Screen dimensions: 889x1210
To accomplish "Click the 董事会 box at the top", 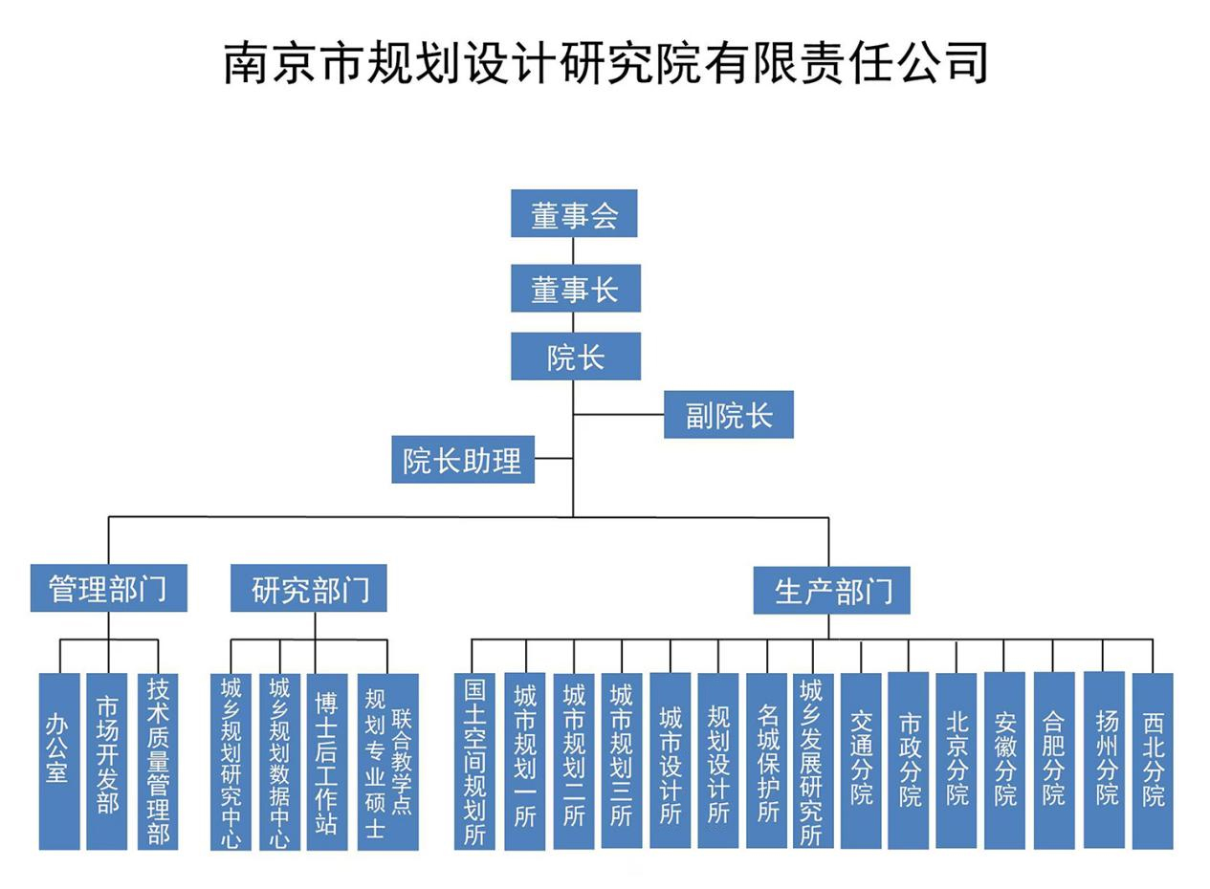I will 573,213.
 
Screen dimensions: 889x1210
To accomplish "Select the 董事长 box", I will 575,289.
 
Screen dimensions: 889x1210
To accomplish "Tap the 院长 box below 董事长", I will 575,357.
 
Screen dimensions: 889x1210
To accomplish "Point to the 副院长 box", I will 728,415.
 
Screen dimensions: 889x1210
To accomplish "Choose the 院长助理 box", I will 463,460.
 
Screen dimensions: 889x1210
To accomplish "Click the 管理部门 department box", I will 108,588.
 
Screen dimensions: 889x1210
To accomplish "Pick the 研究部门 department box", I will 308,588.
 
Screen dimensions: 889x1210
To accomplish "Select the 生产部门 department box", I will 831,590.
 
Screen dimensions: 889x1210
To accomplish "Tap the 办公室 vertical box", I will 58,761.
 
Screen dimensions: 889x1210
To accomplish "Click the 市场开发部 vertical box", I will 107,761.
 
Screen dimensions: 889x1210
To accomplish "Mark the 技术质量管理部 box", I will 158,761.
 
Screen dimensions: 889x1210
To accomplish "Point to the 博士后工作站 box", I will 327,761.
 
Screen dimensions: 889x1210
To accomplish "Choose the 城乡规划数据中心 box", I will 279,761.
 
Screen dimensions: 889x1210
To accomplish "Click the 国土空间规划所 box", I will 474,761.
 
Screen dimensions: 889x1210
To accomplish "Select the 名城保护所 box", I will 766,761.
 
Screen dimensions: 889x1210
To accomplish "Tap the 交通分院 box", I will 861,761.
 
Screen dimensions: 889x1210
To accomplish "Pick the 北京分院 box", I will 956,761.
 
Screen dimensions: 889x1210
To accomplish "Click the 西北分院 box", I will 1153,761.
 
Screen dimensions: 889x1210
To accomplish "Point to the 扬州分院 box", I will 1104,761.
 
